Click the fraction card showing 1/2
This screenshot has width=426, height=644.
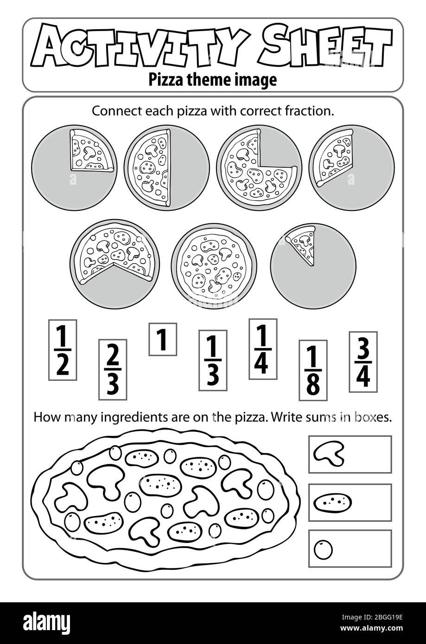click(63, 350)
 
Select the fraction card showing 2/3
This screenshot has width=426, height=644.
click(113, 369)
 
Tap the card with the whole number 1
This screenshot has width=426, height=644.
click(162, 339)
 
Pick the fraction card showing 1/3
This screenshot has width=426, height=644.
click(213, 360)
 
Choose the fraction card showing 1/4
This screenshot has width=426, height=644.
click(263, 349)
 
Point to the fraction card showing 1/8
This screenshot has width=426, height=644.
click(313, 370)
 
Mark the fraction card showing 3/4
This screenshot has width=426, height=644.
click(363, 362)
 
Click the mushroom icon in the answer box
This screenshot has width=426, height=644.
click(329, 454)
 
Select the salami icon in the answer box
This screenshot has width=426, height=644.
click(332, 502)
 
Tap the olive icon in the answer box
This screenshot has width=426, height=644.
click(323, 549)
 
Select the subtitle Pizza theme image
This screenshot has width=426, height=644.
click(212, 80)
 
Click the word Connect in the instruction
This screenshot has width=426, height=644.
click(111, 111)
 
